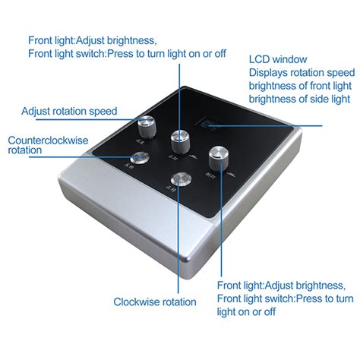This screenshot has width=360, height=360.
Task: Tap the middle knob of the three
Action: pyautogui.click(x=180, y=139)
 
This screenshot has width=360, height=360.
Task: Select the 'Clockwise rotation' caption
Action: pyautogui.click(x=155, y=302)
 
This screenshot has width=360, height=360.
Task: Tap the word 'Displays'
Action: pyautogui.click(x=270, y=72)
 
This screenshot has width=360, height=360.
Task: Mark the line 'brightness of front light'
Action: pyautogui.click(x=302, y=86)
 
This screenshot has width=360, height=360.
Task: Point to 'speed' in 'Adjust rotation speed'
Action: pyautogui.click(x=103, y=112)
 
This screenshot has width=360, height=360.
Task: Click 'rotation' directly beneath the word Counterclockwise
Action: pyautogui.click(x=25, y=150)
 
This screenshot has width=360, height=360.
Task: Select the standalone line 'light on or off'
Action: pyautogui.click(x=246, y=311)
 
